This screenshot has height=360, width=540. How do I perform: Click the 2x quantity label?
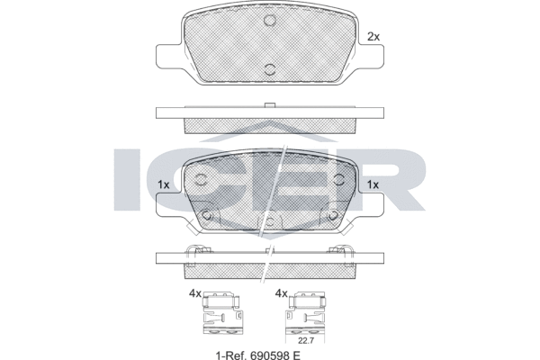pyautogui.click(x=373, y=37)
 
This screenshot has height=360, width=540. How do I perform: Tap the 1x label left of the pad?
pyautogui.click(x=163, y=184)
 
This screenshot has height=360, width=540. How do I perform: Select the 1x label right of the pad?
pyautogui.click(x=373, y=184)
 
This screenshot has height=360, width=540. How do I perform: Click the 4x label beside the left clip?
pyautogui.click(x=194, y=293)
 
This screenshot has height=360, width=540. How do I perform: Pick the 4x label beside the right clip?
pyautogui.click(x=280, y=293)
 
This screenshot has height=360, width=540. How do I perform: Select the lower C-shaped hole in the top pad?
pyautogui.click(x=269, y=70)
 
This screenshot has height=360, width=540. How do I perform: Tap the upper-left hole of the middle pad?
pyautogui.click(x=202, y=178)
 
